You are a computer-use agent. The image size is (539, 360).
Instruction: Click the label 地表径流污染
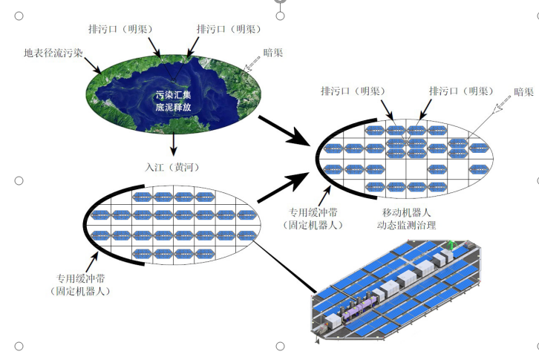pyautogui.click(x=54, y=53)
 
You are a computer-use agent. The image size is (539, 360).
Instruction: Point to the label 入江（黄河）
pyautogui.click(x=173, y=166)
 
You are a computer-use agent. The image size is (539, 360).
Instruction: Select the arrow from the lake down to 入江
pyautogui.click(x=173, y=144)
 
